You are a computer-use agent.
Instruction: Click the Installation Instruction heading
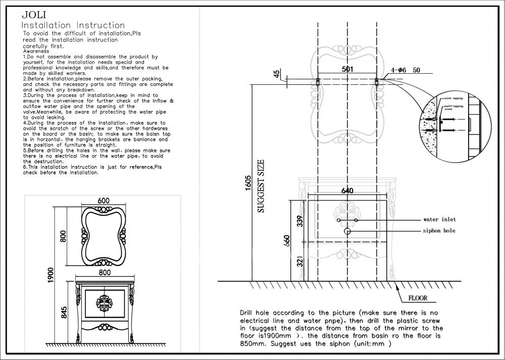pyautogui.click(x=73, y=25)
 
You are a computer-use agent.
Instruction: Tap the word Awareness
pyautogui.click(x=36, y=52)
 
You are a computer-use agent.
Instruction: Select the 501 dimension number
pyautogui.click(x=347, y=69)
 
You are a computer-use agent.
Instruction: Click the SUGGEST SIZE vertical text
pyautogui.click(x=261, y=187)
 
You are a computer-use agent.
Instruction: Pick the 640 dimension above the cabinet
pyautogui.click(x=347, y=190)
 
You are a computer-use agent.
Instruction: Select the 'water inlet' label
pyautogui.click(x=439, y=220)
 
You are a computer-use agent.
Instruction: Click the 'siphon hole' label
pyautogui.click(x=439, y=231)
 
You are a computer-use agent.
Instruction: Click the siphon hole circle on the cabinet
pyautogui.click(x=347, y=231)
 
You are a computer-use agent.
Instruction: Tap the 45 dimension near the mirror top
pyautogui.click(x=277, y=74)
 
